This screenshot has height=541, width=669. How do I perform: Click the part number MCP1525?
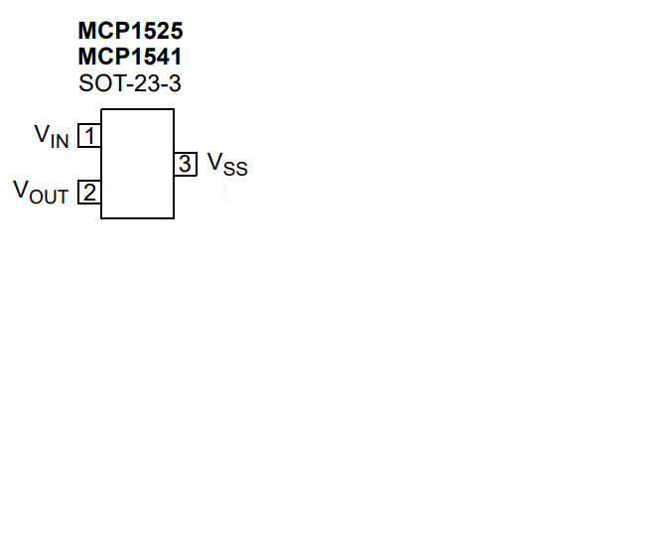tap(130, 32)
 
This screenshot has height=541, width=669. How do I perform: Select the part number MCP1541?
tap(130, 58)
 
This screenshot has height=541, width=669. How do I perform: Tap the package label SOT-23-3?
tap(130, 84)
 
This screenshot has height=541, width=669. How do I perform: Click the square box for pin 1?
tap(89, 135)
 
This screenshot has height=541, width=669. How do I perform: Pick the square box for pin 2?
tap(89, 192)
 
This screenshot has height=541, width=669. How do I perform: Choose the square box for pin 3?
tap(186, 164)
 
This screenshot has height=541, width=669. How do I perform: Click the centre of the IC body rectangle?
tap(137, 164)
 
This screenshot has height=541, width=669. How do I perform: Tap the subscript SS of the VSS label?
tap(235, 169)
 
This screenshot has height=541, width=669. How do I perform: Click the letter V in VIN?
tap(42, 134)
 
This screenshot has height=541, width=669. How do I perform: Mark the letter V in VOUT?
tap(21, 190)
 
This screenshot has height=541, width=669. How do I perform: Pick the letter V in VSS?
tap(214, 162)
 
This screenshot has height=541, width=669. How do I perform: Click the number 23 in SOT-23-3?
tap(145, 84)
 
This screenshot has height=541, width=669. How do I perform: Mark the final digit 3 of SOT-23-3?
tap(175, 84)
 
